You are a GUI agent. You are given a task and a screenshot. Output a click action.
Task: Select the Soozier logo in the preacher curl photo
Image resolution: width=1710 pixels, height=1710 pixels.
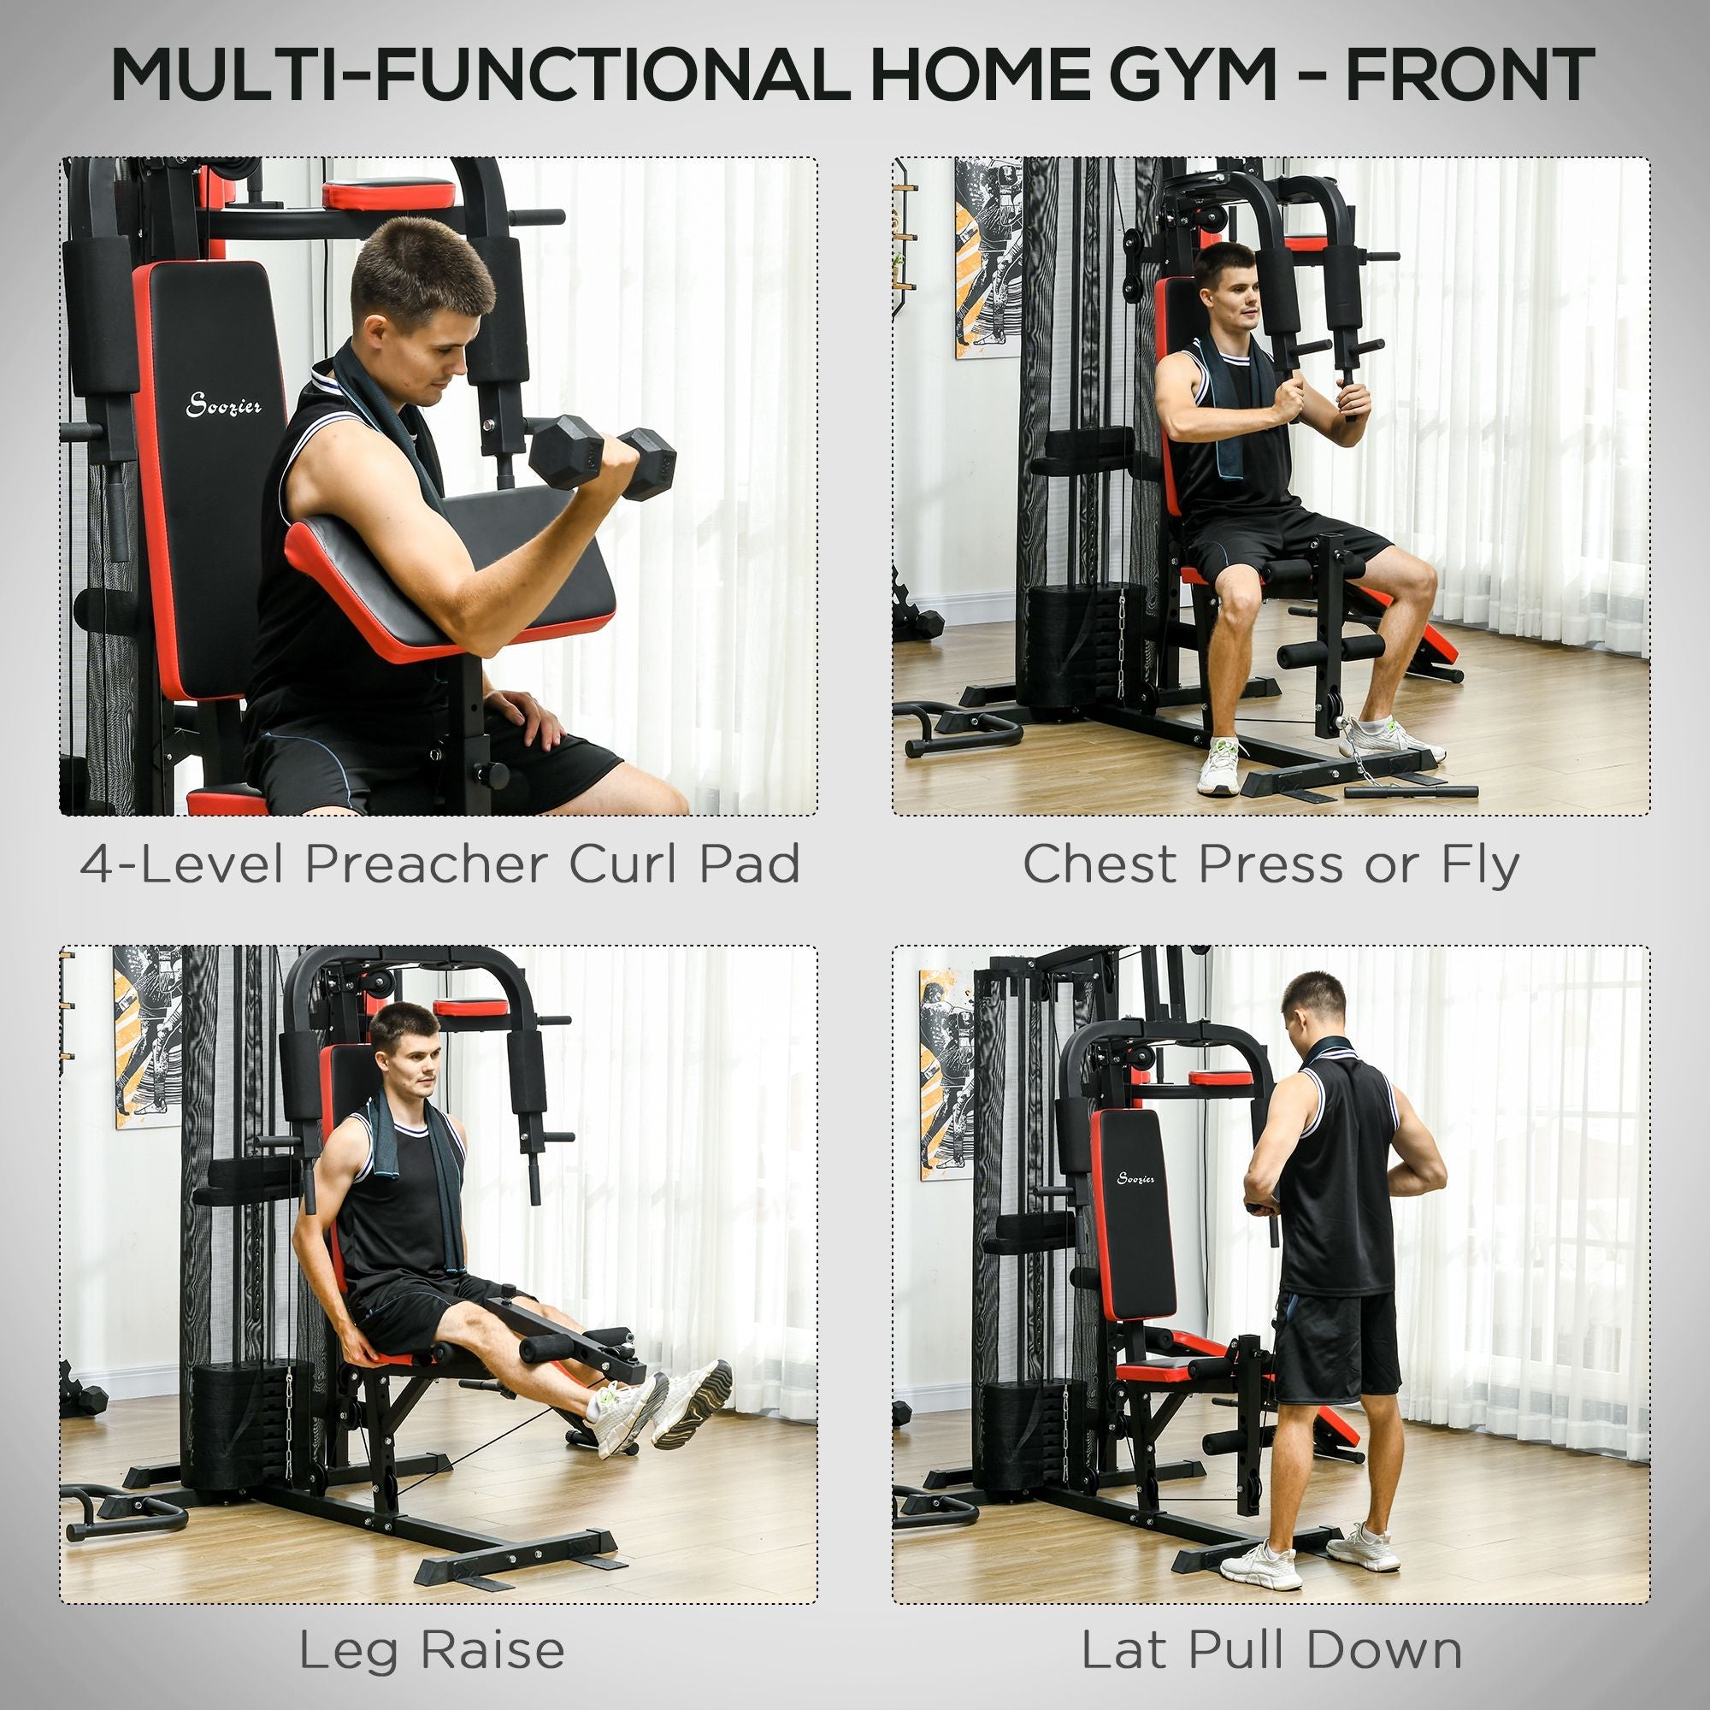pyautogui.click(x=224, y=406)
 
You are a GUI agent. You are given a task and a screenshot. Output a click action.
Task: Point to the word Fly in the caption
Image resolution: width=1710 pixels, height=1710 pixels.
pyautogui.click(x=1480, y=864)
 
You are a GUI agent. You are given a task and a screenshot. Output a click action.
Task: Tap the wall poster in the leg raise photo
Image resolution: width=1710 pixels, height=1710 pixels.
pyautogui.click(x=146, y=1036)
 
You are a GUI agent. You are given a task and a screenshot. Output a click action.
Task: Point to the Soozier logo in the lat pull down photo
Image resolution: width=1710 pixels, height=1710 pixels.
pyautogui.click(x=1135, y=1179)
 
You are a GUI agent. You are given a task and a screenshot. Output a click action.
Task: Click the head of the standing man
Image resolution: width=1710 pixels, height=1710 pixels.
pyautogui.click(x=1314, y=1006)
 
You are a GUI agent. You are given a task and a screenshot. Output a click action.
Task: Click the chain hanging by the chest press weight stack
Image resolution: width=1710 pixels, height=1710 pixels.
pyautogui.click(x=1121, y=642)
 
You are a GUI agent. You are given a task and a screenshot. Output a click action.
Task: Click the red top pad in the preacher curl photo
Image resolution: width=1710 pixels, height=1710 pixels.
pyautogui.click(x=387, y=193)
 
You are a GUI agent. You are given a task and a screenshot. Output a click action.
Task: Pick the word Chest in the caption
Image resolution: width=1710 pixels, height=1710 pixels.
pyautogui.click(x=1100, y=863)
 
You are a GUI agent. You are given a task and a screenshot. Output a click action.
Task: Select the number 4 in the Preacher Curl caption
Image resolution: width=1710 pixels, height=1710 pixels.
pyautogui.click(x=96, y=863)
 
